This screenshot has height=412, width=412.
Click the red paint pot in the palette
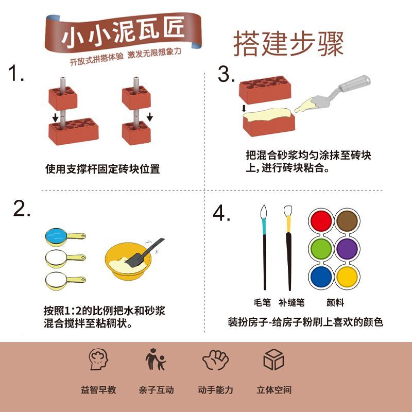tap(321, 221)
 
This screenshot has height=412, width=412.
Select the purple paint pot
tap(347, 249)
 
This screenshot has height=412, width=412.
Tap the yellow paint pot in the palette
tap(347, 277)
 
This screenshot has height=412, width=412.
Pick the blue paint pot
tap(321, 277)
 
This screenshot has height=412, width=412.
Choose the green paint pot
tap(321, 249)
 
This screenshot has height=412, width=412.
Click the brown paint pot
tap(347, 221)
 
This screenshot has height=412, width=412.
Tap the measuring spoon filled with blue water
tap(65, 237)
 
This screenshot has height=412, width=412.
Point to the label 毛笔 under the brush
tap(262, 303)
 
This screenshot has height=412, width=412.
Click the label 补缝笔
tap(291, 303)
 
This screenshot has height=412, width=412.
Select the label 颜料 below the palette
tap(335, 303)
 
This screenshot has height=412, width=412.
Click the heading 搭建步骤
tap(288, 44)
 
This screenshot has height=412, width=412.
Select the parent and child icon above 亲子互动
tap(156, 359)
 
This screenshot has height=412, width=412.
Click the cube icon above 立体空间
tap(274, 359)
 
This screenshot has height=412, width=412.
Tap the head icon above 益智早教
tap(98, 359)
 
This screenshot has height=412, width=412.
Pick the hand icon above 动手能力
tap(215, 359)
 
